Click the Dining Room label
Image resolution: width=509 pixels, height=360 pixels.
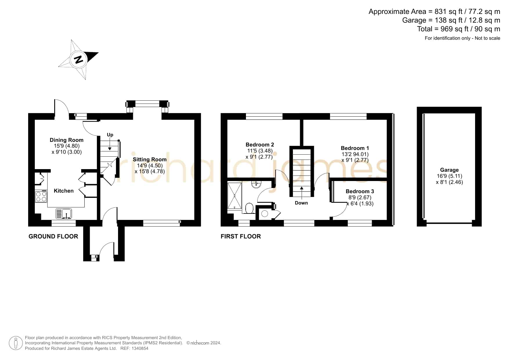coord(66,140)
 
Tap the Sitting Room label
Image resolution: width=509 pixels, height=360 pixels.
coord(150,159)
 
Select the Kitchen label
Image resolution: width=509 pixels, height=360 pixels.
coord(64,191)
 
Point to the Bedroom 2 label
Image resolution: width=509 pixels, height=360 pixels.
coord(260,144)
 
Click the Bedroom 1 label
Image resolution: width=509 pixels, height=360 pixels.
coord(355,148)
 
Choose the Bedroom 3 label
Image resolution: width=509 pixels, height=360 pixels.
coord(360,191)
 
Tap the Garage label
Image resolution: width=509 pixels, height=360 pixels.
coord(449,170)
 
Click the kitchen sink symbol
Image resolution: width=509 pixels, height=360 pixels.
coord(64,214)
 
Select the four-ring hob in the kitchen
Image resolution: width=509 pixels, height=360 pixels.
coord(41,196)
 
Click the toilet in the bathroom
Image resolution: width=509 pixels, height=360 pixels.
coord(249,208)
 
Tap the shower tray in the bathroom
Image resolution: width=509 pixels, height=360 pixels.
coord(234,196)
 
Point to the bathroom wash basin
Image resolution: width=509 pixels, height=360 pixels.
coord(257,184)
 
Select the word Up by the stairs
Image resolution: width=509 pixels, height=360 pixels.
coord(110,135)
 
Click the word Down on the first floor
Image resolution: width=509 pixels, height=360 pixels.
coord(301,203)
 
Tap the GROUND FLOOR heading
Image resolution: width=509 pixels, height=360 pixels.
coord(53,236)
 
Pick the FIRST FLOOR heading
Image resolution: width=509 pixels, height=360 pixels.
coord(241,236)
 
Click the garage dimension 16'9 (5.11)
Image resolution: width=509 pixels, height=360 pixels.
coord(449,176)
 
